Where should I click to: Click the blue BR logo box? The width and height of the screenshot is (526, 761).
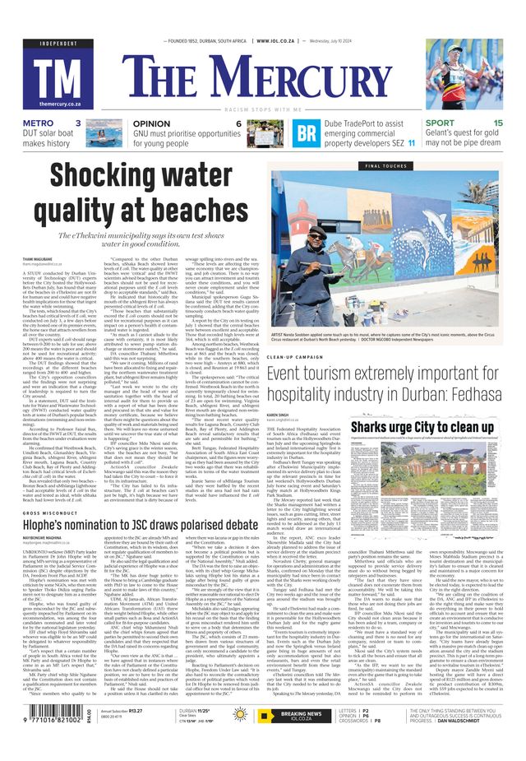307,133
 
